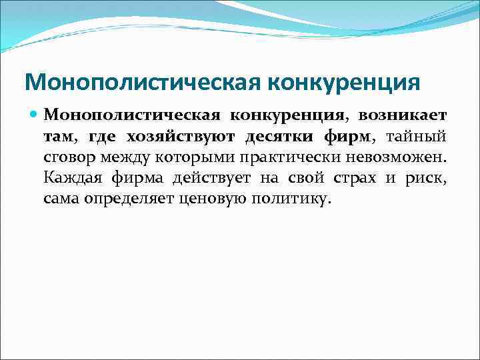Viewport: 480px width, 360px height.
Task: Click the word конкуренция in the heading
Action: (x=344, y=82)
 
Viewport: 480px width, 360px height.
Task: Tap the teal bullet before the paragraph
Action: (x=33, y=115)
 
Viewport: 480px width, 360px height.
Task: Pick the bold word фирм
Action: (x=347, y=136)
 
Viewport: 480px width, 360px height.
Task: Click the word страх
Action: (x=354, y=178)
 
